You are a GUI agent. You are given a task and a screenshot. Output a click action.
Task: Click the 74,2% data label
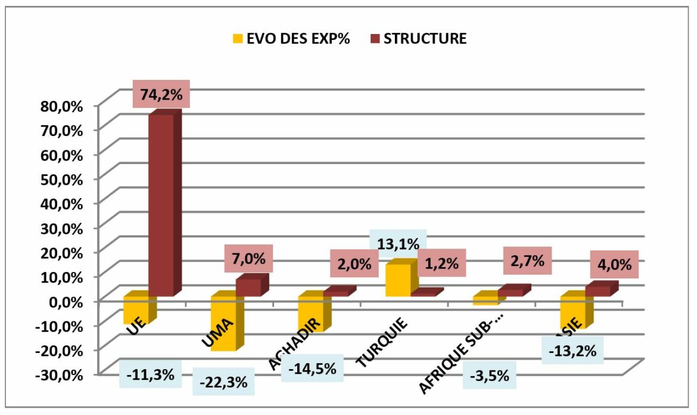pos(157,95)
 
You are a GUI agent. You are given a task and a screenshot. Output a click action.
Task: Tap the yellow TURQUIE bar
pos(398,279)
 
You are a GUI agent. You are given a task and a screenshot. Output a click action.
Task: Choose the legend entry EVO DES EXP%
pos(291,39)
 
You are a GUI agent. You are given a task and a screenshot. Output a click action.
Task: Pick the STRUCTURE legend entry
pos(418,39)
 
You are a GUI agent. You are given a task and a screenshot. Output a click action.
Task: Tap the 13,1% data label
pos(399,244)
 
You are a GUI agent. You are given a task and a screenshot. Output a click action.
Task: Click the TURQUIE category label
pos(381,343)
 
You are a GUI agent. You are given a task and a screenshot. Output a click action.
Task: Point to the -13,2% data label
pos(572,351)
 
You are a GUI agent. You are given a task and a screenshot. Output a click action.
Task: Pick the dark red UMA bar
pos(249,287)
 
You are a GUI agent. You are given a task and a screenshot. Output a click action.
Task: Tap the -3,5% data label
pos(490,376)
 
